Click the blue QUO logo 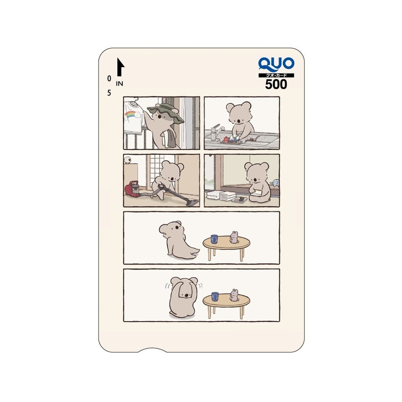(276, 64)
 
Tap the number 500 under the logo (276, 84)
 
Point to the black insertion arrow (120, 67)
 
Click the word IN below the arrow (120, 84)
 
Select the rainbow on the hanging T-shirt (132, 115)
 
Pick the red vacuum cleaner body (132, 189)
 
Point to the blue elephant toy (275, 183)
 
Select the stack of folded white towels (227, 195)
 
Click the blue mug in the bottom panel (215, 297)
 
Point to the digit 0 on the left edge (109, 78)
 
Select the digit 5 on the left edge (109, 93)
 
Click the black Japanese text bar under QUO (276, 75)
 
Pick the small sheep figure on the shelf (127, 161)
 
